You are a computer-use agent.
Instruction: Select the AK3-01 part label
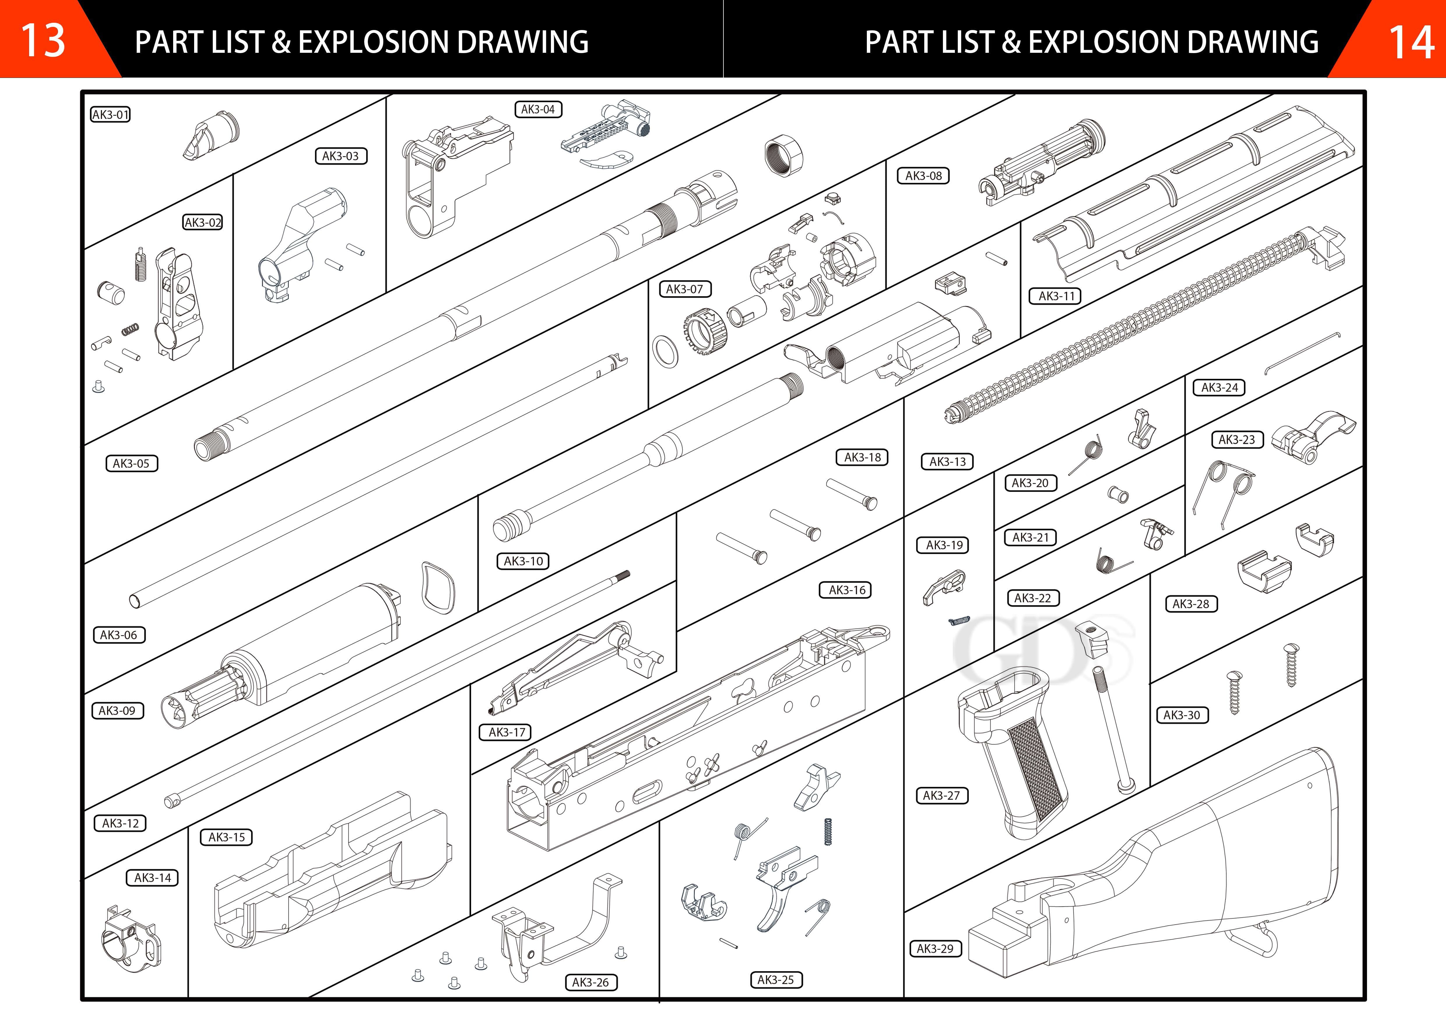[x=110, y=115]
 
